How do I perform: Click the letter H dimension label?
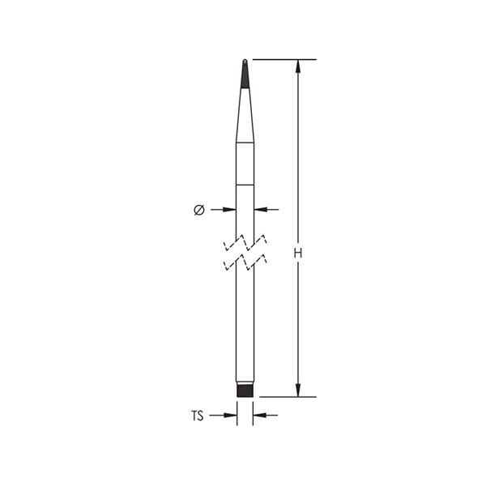tap(298, 254)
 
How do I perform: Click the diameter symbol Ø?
tap(199, 210)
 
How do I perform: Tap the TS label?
tap(197, 416)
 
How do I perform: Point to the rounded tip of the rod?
tap(245, 61)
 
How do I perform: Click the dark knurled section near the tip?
tap(245, 75)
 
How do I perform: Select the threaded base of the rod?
tap(245, 390)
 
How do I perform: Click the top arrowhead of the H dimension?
tap(298, 66)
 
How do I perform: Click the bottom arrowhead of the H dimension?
tap(298, 390)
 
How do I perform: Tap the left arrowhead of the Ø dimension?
tap(229, 210)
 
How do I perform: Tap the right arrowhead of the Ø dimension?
tap(261, 210)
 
